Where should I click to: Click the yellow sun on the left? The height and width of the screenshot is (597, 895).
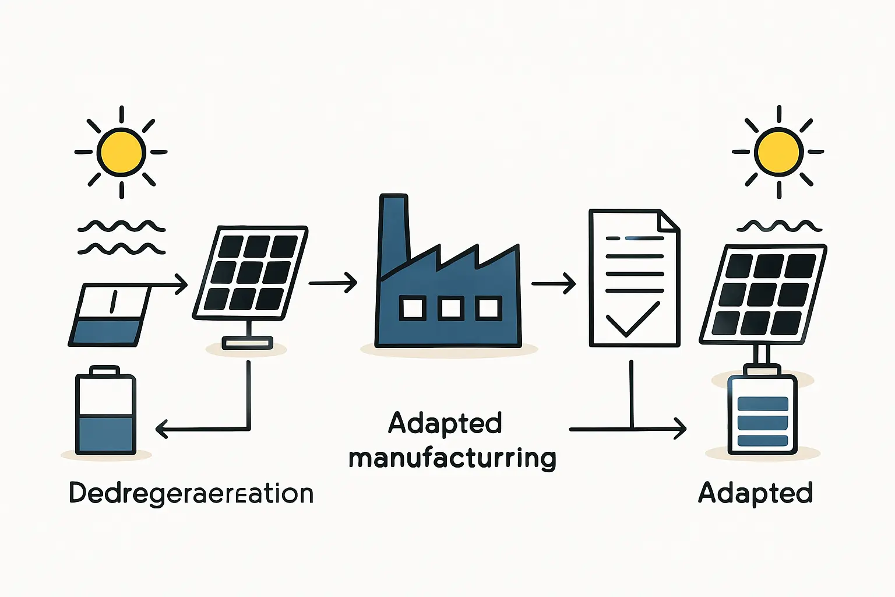(121, 152)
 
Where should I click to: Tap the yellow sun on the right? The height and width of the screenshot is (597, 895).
(778, 152)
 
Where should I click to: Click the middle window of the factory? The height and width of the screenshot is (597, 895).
(450, 308)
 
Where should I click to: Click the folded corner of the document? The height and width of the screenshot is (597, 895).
(668, 221)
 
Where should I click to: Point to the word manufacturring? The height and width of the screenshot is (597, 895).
(452, 458)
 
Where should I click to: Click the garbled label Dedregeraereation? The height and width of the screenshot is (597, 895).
(191, 494)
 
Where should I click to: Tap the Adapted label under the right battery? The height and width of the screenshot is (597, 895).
(755, 493)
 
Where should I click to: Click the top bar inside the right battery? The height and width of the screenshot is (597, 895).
(762, 403)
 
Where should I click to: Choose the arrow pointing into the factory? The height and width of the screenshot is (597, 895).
(333, 283)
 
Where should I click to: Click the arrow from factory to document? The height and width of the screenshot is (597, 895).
(554, 284)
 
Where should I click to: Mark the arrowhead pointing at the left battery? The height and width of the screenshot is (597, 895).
(162, 430)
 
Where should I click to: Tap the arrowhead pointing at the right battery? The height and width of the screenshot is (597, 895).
(679, 429)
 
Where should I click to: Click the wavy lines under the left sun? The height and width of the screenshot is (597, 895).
(121, 238)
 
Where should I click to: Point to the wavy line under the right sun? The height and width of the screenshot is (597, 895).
(779, 226)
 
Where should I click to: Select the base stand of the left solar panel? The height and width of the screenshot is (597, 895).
(248, 343)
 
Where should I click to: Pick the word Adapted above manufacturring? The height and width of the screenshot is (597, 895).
(445, 423)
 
